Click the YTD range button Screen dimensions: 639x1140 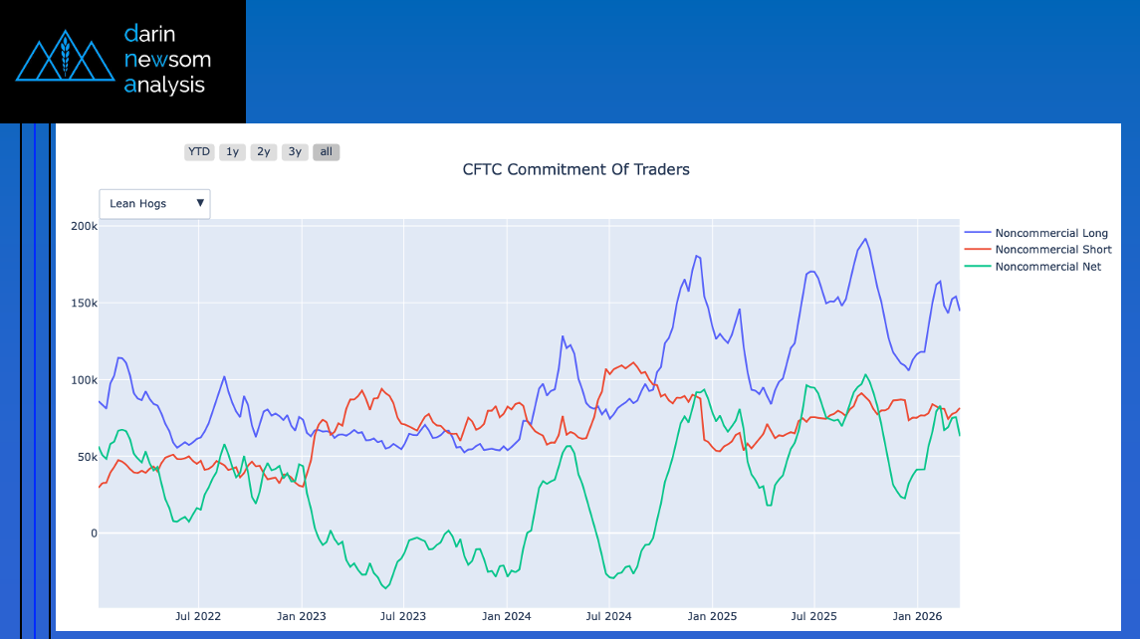coord(199,152)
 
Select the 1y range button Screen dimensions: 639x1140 coord(232,152)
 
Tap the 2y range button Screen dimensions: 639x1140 coord(263,152)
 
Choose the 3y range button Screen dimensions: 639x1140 coord(295,152)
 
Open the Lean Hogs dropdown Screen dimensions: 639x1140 coord(154,203)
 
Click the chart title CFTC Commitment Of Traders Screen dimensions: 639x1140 coord(575,169)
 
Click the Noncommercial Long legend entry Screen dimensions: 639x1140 coord(1050,233)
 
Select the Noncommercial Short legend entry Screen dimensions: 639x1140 coord(1052,250)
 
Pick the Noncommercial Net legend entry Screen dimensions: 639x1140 coord(1047,267)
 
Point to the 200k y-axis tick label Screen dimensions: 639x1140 coord(82,227)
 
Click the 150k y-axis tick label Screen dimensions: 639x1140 coord(82,304)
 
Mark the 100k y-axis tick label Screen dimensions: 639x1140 coord(82,380)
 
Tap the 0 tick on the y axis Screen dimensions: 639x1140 coord(93,533)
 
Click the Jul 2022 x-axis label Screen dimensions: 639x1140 coord(197,617)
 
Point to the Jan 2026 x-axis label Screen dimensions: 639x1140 coord(915,617)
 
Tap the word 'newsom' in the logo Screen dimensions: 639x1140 coord(167,59)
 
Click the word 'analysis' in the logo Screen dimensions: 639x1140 coord(164,86)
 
